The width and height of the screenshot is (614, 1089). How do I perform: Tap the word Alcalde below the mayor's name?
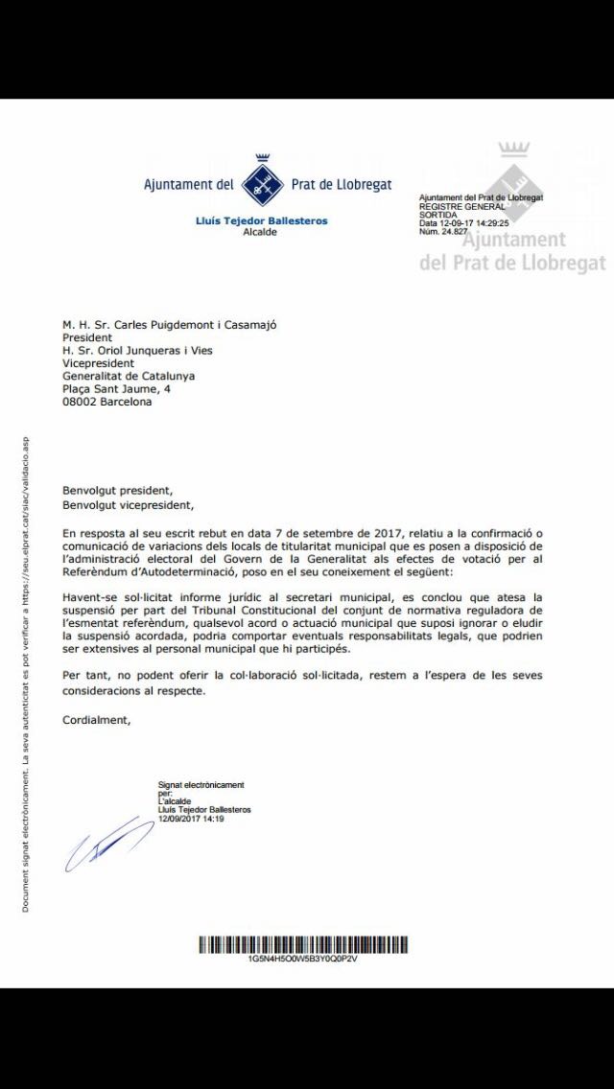click(260, 232)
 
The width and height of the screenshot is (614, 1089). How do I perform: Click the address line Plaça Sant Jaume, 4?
click(116, 389)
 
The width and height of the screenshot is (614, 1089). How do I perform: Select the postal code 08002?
click(81, 403)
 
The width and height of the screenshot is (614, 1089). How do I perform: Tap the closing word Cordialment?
click(98, 720)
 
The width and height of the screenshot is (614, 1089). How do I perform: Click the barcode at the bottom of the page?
click(302, 944)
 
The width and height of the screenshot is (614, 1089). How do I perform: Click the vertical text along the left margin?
click(26, 671)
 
